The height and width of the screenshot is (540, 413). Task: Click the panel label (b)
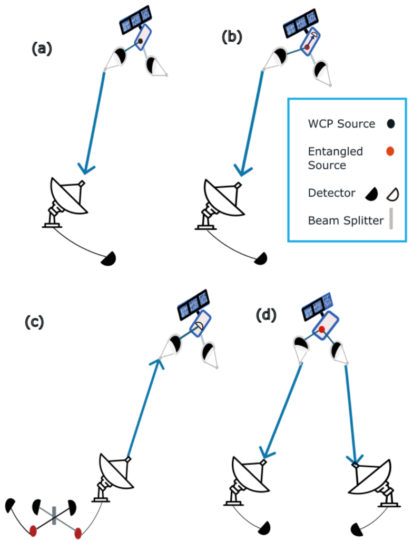232,37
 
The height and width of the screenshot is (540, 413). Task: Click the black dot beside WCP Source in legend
390,124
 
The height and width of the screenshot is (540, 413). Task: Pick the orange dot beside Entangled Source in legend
390,152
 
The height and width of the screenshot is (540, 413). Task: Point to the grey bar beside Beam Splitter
390,219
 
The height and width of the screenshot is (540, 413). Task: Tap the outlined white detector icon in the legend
392,194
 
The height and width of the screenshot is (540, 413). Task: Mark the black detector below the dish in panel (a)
109,258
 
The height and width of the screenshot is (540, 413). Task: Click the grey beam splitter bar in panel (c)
54,515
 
